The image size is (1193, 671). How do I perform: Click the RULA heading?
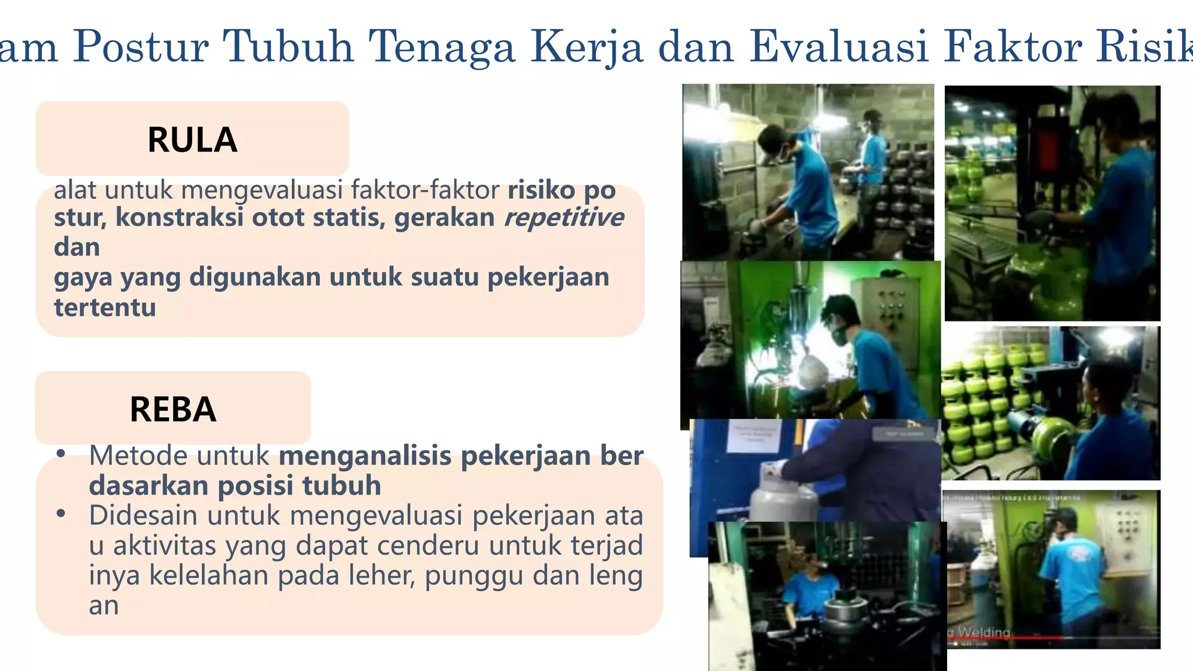coord(192,140)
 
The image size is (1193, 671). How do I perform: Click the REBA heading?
coord(173,409)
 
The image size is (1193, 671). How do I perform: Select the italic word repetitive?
coord(563,217)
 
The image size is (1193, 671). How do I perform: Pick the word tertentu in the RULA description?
coord(105,307)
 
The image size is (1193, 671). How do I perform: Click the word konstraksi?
coord(179,217)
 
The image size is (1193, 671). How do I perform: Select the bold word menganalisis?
coord(365,455)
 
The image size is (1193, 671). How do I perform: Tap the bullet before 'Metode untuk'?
coord(61,454)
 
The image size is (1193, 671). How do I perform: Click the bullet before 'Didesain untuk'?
coord(61,514)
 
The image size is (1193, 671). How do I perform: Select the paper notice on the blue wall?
coord(751,436)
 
